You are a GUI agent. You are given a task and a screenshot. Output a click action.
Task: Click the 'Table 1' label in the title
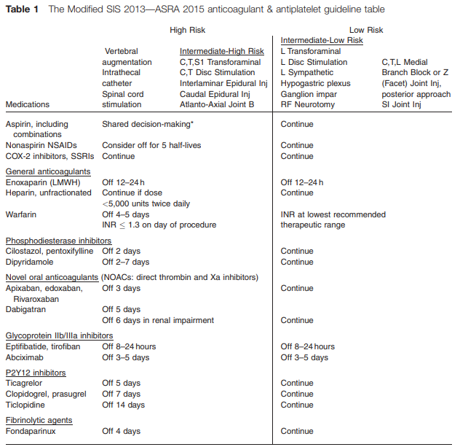(23, 9)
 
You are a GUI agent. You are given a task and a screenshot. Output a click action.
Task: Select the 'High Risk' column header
(187, 31)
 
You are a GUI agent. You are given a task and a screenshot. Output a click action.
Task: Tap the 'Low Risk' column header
(366, 31)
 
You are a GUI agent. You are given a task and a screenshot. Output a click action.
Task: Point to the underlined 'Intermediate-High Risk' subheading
(221, 52)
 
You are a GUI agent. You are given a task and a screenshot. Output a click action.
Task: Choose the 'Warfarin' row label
(21, 214)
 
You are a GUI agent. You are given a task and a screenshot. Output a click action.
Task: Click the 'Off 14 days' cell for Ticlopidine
(123, 405)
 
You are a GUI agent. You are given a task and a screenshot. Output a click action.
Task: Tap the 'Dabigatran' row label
(26, 309)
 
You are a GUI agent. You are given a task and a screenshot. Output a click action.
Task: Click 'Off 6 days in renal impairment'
(157, 320)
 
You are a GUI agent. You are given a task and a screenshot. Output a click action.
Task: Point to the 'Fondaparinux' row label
(31, 431)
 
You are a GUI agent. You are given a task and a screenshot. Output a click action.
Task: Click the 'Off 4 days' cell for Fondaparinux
(121, 431)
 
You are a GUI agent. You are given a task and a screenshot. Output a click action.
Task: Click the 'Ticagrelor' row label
(25, 383)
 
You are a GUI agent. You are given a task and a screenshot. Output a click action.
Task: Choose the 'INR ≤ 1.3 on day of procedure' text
(159, 225)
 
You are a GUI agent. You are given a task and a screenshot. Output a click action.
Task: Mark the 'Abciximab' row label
(25, 357)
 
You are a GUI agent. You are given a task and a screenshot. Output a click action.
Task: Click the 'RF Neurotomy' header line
(308, 105)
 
